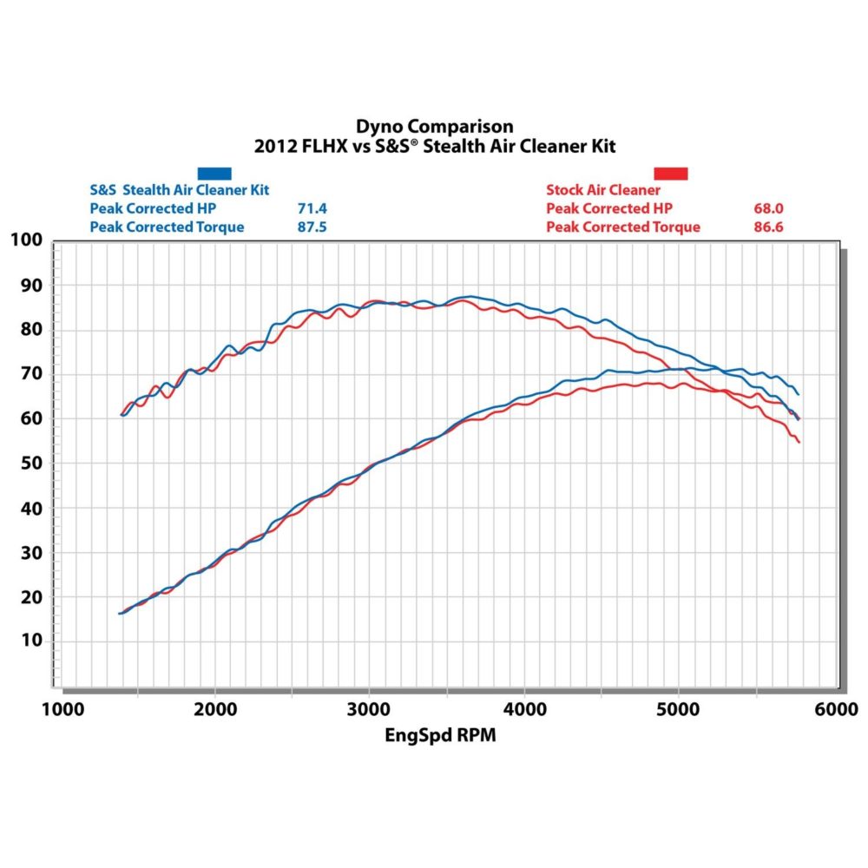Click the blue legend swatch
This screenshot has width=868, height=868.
(x=214, y=174)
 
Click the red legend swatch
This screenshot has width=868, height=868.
(x=670, y=174)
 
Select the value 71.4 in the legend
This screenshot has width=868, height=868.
(x=312, y=209)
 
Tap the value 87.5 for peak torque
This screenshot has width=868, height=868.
(x=312, y=227)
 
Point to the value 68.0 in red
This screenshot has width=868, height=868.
(x=769, y=209)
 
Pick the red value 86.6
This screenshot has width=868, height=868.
(x=769, y=227)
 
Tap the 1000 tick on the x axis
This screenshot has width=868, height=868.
(x=60, y=709)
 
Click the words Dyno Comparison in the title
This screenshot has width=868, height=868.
(x=434, y=127)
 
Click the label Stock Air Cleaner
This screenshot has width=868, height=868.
(x=603, y=190)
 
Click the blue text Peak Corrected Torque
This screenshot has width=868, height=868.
(x=167, y=227)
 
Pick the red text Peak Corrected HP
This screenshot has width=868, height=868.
(x=609, y=209)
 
